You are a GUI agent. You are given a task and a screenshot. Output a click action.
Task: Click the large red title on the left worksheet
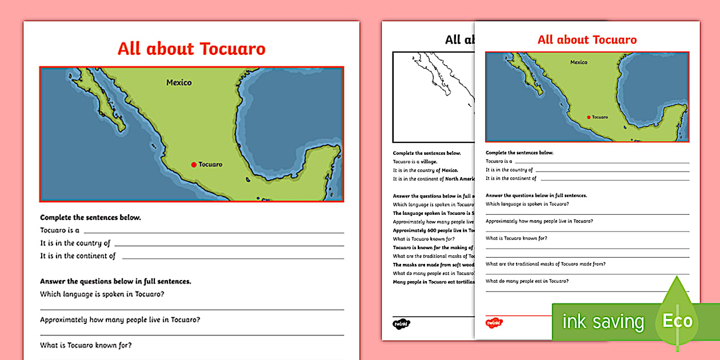click(x=191, y=49)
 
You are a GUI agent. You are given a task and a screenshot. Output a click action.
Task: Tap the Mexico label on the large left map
click(x=179, y=83)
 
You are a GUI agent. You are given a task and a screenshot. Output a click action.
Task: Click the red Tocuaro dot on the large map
click(x=194, y=165)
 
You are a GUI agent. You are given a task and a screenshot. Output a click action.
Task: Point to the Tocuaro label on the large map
click(x=210, y=165)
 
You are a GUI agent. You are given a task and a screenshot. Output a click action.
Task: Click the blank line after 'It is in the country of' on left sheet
click(x=229, y=245)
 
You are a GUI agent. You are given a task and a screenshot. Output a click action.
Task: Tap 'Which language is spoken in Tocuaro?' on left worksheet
click(x=102, y=294)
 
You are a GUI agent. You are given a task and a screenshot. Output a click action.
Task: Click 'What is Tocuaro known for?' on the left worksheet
click(x=86, y=345)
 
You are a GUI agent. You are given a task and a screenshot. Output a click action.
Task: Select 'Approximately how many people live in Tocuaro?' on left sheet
click(x=120, y=320)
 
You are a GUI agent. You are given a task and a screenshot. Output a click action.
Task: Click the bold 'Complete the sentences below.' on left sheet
click(x=90, y=218)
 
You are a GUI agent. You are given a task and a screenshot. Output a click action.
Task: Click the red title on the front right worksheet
click(x=587, y=39)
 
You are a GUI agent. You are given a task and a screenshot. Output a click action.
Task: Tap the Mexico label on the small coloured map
click(x=579, y=62)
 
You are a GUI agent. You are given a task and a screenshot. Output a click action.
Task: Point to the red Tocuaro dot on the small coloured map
click(x=589, y=117)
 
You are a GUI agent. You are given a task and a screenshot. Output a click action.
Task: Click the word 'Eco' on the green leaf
click(x=678, y=321)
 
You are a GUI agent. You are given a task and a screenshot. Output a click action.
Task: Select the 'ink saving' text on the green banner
click(x=603, y=322)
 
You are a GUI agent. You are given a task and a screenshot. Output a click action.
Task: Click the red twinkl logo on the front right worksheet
click(x=494, y=323)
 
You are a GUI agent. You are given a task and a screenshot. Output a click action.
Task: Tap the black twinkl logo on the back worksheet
click(x=401, y=324)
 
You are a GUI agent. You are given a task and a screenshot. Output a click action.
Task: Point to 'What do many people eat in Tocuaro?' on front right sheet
click(x=527, y=281)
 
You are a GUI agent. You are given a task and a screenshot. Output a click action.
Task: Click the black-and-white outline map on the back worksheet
click(x=433, y=96)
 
